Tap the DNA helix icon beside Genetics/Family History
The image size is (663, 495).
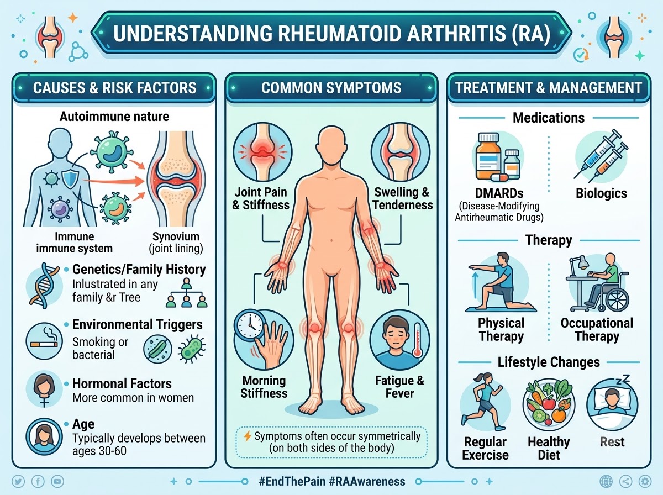coord(43,286)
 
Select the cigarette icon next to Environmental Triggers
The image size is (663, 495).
coord(44,344)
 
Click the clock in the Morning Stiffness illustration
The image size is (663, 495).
coord(250,325)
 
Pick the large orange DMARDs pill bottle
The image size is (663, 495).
coord(488,157)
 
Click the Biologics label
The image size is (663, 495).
coord(601,193)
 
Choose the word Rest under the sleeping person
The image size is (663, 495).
coord(612,442)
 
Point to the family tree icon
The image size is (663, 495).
coord(187,292)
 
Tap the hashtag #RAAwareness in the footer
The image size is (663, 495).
coord(367,481)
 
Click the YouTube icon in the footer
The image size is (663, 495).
coord(57,481)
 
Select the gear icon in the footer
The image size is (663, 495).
coord(645,481)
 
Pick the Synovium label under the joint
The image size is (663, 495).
coord(176,236)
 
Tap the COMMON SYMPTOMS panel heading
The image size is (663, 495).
coord(331,88)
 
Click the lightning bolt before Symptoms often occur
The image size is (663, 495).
coord(248,436)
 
